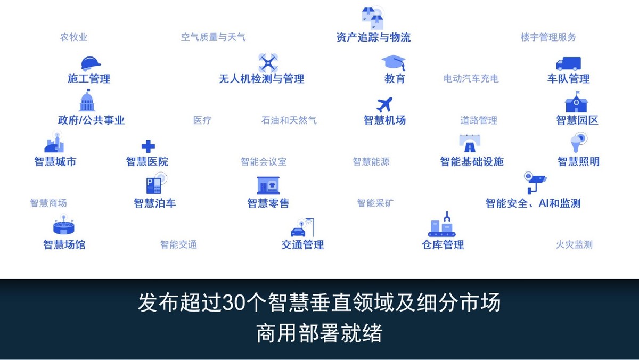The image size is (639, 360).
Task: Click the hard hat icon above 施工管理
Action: [91, 63]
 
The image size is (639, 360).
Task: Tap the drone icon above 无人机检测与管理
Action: [268, 63]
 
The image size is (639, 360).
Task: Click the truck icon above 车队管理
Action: [568, 63]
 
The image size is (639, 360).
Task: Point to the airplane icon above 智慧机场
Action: [384, 104]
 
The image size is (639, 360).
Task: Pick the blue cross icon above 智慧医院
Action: [148, 146]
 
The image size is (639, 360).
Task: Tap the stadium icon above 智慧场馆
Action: [63, 225]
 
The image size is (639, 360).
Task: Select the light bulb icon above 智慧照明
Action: [578, 142]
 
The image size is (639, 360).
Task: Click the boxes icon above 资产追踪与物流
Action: [373, 18]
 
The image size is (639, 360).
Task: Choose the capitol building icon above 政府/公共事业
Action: [87, 100]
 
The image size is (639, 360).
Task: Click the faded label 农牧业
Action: [73, 37]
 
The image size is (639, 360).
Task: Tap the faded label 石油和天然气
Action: [289, 120]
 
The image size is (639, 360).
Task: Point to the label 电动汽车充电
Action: [471, 78]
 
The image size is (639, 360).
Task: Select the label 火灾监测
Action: [574, 244]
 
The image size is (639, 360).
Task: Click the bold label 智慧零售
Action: [268, 203]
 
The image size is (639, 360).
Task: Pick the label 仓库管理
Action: [443, 244]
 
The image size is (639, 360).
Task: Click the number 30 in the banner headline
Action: [234, 302]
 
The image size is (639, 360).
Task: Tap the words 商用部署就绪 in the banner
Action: [319, 333]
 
